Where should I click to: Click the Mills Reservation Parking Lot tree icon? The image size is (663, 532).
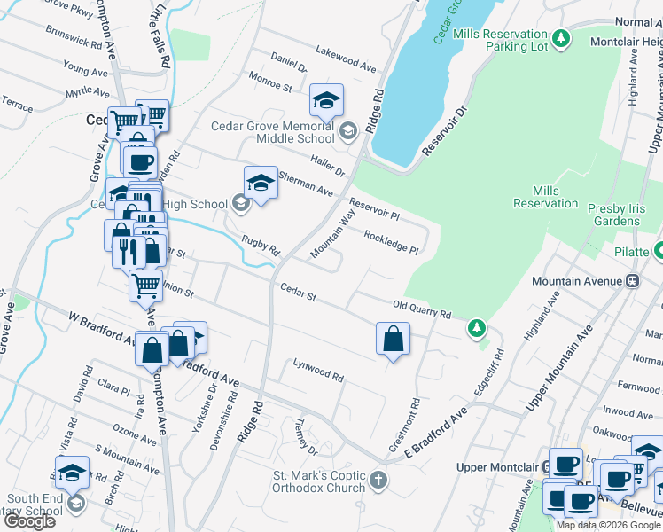tap(560, 39)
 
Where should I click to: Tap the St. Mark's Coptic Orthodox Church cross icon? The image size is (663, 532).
tap(378, 481)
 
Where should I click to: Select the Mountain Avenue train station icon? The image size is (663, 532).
tap(632, 281)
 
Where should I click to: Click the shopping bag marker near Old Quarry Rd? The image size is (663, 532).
tap(393, 339)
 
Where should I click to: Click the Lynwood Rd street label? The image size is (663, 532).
tap(318, 371)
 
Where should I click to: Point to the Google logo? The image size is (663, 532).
tap(29, 521)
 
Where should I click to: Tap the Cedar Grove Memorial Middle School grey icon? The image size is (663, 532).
tap(348, 132)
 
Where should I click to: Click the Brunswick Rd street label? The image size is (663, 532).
tap(76, 41)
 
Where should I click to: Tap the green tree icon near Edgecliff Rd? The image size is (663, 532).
tap(477, 329)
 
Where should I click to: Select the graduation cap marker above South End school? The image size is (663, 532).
tap(72, 472)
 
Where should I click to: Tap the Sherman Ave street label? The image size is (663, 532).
tap(305, 184)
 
